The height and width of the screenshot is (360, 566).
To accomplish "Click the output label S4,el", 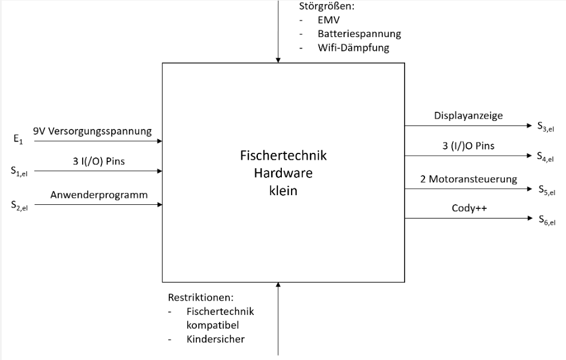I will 544,157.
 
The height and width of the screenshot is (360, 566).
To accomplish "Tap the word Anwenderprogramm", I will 99,195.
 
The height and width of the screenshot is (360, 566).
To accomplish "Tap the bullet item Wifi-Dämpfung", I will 353,48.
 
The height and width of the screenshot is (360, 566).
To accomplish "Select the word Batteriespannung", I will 359,34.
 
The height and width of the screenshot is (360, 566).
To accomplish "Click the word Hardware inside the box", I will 284,173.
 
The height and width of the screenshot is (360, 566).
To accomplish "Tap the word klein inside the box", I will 284,191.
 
